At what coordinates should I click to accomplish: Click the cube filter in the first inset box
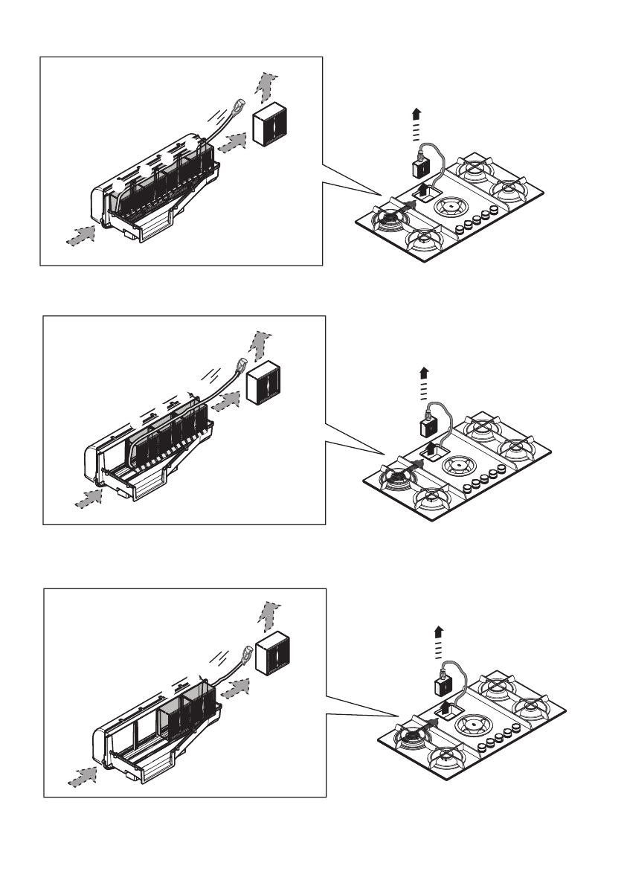(268, 123)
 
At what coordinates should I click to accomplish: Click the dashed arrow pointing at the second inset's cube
(228, 402)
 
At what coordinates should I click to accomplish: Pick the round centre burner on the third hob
(474, 724)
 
